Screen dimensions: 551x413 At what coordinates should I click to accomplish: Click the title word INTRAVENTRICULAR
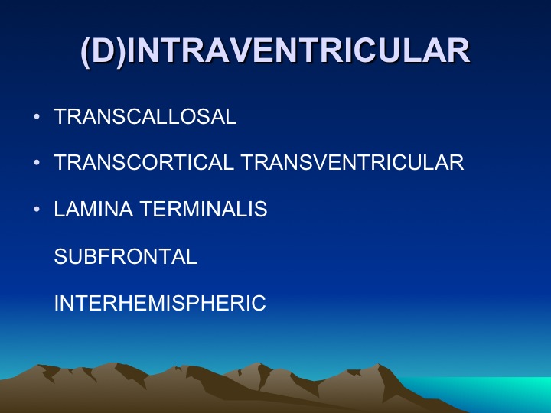(298, 50)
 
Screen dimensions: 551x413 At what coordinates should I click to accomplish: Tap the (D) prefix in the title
(103, 51)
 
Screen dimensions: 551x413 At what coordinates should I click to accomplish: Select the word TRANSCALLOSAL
(145, 116)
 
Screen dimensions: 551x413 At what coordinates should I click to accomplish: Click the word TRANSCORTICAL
(144, 162)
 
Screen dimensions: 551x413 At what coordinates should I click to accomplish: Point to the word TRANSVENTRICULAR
(353, 162)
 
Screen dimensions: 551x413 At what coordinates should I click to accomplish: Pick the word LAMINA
(93, 209)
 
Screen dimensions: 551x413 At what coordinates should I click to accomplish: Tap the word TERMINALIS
(204, 209)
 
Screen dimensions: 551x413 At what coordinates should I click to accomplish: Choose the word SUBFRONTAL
(126, 256)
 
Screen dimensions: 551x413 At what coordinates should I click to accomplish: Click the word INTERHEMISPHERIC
(160, 303)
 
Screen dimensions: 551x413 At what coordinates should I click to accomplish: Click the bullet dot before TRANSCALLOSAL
(37, 116)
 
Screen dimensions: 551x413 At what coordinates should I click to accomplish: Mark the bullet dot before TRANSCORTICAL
(37, 163)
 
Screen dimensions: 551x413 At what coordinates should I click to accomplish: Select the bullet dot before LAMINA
(37, 210)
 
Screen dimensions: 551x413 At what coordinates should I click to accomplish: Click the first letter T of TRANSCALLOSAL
(60, 116)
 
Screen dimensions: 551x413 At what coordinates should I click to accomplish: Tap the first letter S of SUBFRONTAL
(60, 256)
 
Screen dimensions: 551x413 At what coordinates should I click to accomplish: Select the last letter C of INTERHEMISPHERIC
(259, 303)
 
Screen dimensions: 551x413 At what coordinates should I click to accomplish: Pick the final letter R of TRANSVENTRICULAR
(456, 162)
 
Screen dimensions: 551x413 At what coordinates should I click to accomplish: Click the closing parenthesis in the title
(121, 52)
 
